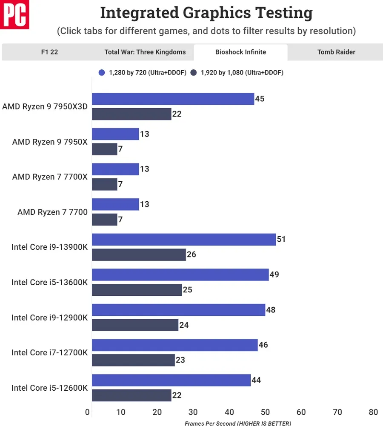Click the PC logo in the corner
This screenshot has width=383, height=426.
[x=14, y=14]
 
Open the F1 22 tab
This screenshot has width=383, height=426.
[x=49, y=52]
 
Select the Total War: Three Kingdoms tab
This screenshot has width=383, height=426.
[x=145, y=52]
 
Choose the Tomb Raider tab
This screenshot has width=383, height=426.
[x=336, y=52]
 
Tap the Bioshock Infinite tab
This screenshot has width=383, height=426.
[x=241, y=52]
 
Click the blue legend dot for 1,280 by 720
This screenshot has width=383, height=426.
[x=102, y=72]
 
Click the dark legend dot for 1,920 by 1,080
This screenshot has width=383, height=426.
[x=193, y=72]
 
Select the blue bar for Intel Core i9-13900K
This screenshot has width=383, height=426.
[x=184, y=239]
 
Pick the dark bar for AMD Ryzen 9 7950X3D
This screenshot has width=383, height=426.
[x=132, y=114]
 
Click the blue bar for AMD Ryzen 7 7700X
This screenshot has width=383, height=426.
[x=115, y=169]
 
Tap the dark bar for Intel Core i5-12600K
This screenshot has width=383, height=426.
[x=132, y=395]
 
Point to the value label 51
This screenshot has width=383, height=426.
[x=281, y=239]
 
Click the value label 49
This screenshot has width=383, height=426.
[x=274, y=274]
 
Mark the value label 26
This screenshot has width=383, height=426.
[x=191, y=254]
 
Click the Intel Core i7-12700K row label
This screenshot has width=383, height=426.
[x=50, y=353]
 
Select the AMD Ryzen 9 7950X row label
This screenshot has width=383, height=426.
[x=50, y=142]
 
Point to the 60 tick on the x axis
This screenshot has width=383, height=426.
[x=301, y=412]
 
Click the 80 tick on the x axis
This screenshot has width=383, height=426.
[x=373, y=412]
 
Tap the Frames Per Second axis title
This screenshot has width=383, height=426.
[x=238, y=423]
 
